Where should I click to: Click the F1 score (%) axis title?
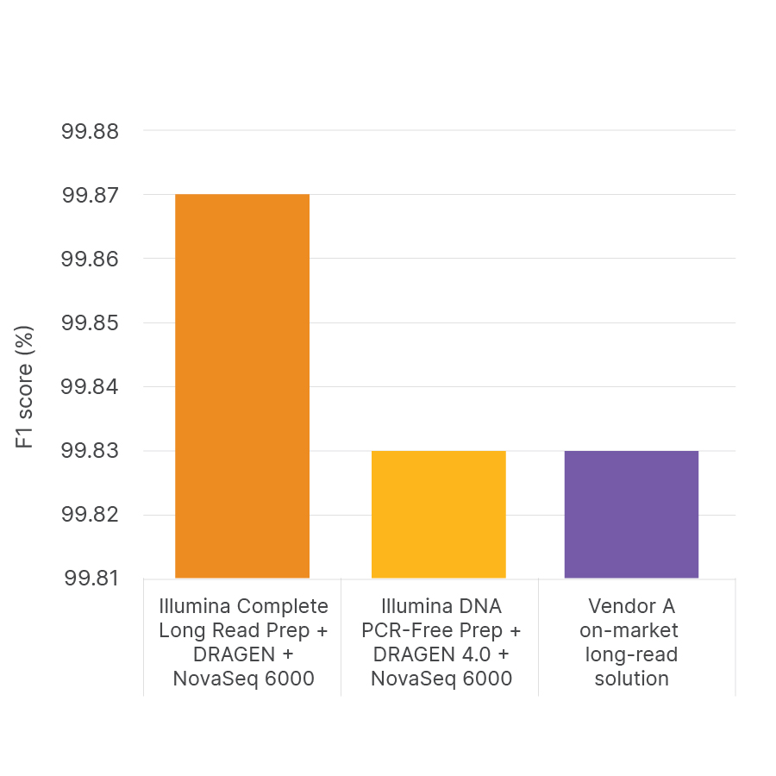coord(26,386)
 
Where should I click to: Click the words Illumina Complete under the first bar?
coord(243,605)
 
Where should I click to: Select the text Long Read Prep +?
coord(243,630)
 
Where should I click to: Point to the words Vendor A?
coord(631,605)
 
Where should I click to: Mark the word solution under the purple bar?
coord(631,679)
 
